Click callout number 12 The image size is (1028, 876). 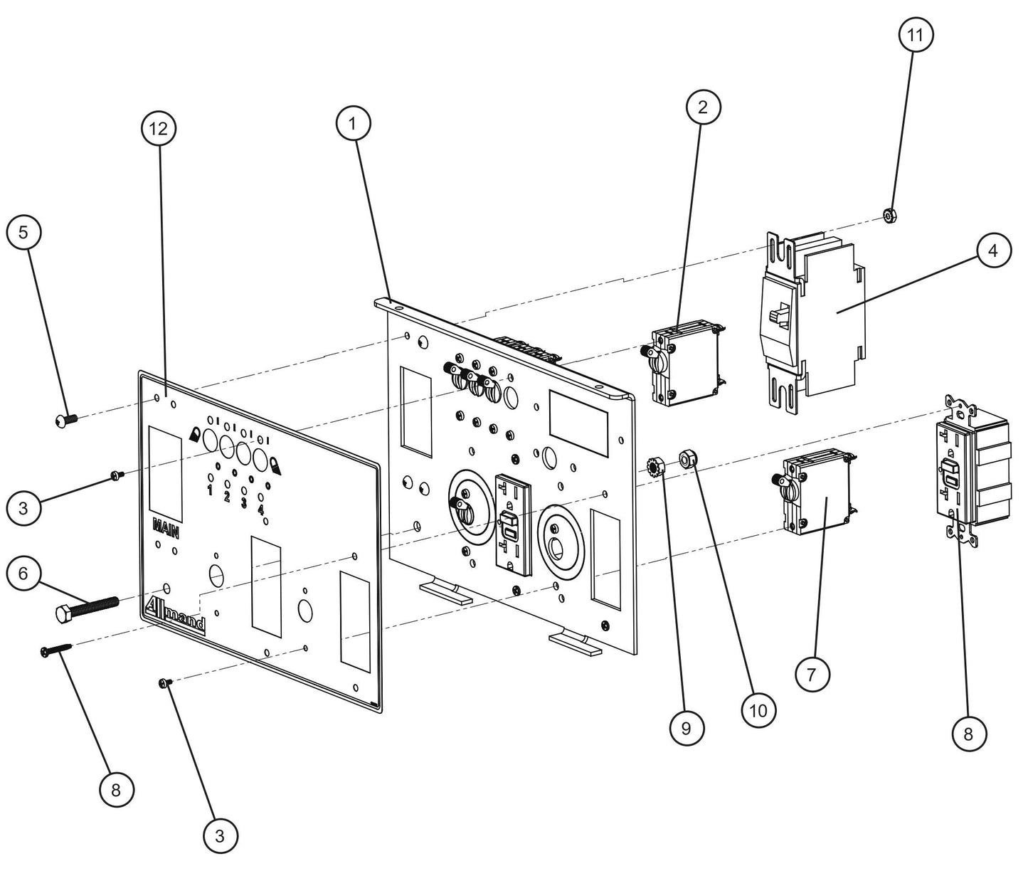(x=159, y=129)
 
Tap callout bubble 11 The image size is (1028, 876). (x=916, y=34)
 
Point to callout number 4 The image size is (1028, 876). (x=993, y=250)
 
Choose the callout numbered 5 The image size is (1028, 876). (x=23, y=233)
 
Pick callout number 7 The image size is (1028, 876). (x=812, y=673)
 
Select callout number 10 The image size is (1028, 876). (x=758, y=709)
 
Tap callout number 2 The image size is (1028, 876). (x=704, y=107)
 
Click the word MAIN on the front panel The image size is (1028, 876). (x=164, y=528)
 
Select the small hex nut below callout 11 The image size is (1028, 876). (x=889, y=214)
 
